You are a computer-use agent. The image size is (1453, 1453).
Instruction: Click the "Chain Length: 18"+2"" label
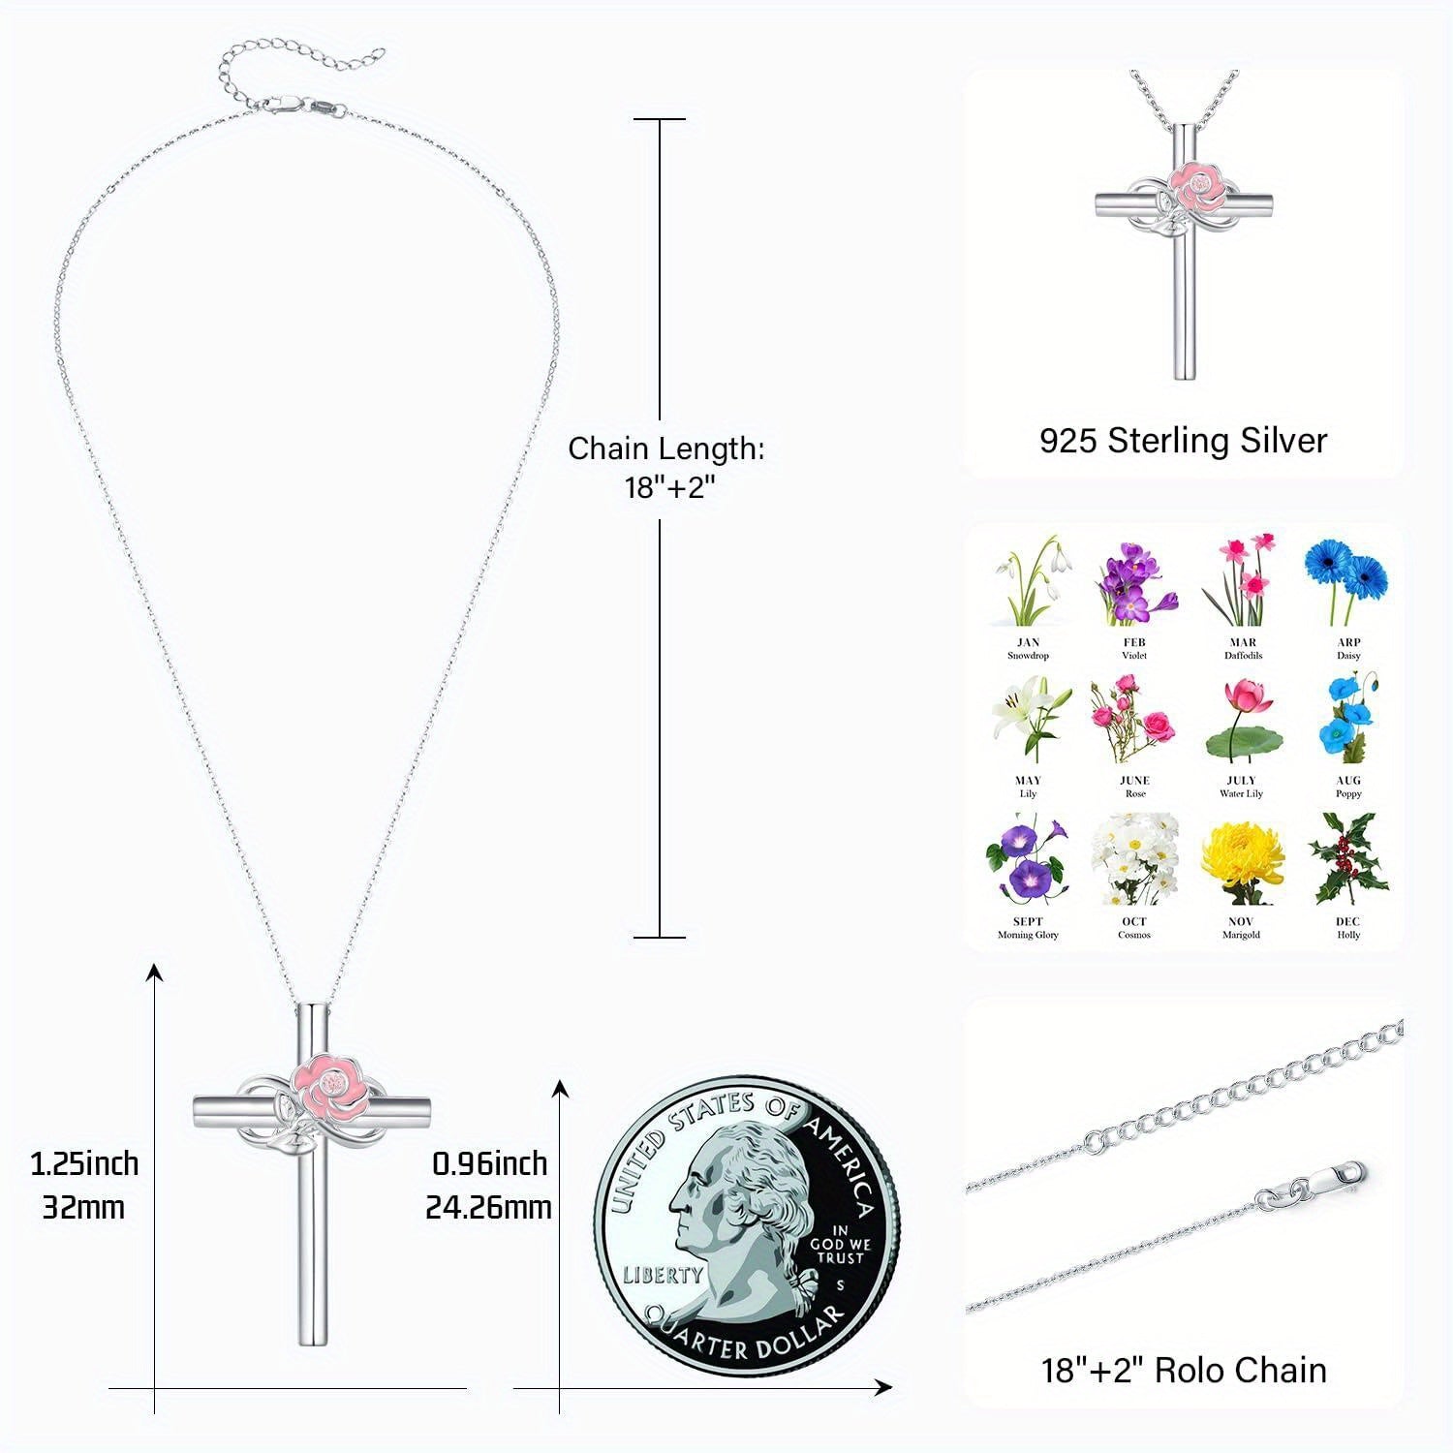[666, 467]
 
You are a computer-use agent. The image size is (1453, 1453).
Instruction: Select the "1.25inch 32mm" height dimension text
[84, 1185]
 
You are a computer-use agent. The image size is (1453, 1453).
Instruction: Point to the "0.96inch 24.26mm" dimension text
[489, 1185]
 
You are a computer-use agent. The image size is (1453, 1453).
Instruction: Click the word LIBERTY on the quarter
[663, 1274]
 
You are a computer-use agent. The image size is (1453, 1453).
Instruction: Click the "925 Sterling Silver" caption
[1183, 441]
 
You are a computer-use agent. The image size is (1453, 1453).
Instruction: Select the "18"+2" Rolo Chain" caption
[1184, 1371]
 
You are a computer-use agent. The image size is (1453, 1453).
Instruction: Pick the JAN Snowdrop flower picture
[1029, 581]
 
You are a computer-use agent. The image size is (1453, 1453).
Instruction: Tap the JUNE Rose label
[1134, 787]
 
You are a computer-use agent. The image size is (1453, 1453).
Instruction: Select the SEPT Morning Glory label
[1028, 928]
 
